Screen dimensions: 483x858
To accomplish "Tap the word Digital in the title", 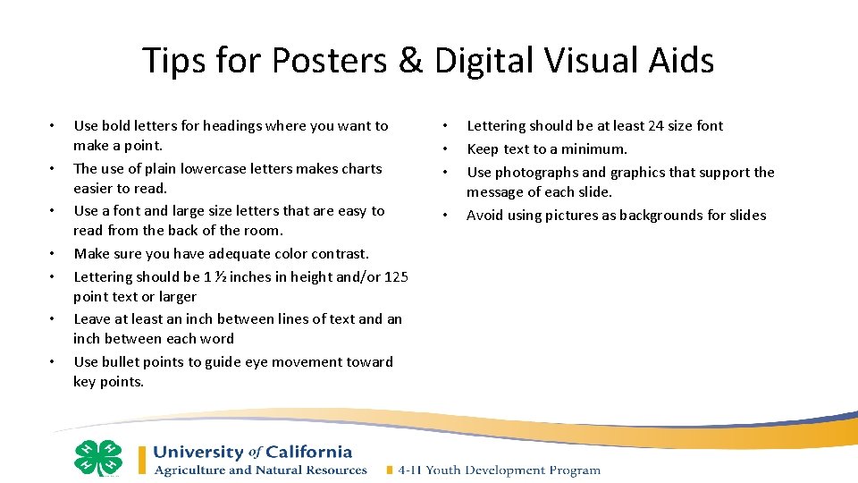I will pyautogui.click(x=483, y=61).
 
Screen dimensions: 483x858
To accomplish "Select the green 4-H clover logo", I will pyautogui.click(x=98, y=459).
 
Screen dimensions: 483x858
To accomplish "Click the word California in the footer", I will pyautogui.click(x=308, y=453).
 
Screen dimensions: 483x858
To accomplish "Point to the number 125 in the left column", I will pyautogui.click(x=396, y=277).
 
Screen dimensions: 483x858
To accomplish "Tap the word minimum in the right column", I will pyautogui.click(x=597, y=149).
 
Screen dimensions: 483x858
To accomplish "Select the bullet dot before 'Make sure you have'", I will pyautogui.click(x=54, y=254).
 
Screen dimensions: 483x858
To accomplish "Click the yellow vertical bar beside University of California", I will pyautogui.click(x=142, y=460).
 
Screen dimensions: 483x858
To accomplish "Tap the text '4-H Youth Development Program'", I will pyautogui.click(x=499, y=470).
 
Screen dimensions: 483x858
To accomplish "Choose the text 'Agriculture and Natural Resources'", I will pyautogui.click(x=261, y=470).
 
